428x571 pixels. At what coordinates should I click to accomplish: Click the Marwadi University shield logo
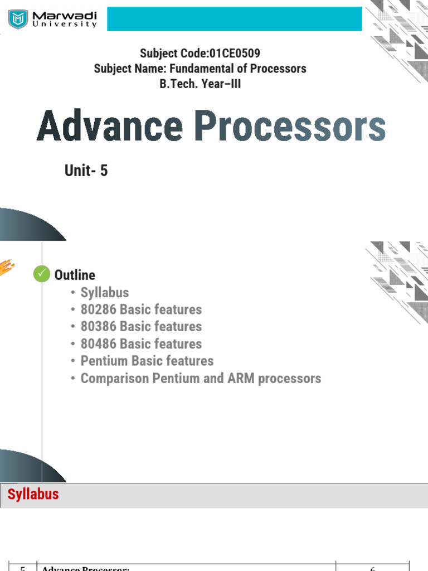pos(20,20)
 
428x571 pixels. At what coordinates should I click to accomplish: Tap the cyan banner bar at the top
pos(234,20)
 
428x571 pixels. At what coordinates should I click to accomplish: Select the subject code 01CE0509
pos(234,54)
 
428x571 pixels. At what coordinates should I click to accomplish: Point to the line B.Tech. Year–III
pos(200,85)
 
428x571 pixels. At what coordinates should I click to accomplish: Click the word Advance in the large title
pos(110,128)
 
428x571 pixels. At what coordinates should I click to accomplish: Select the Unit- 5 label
pos(86,171)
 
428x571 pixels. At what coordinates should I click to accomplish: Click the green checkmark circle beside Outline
pos(42,274)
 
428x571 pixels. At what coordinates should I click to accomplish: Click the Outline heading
pos(75,275)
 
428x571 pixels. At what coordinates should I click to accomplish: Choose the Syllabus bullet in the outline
pos(104,292)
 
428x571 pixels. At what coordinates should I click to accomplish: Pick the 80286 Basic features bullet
pos(141,309)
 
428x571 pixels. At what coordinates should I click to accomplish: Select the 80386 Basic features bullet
pos(141,326)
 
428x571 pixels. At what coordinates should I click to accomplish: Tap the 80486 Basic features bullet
pos(141,343)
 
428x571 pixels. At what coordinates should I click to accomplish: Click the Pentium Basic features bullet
pos(147,361)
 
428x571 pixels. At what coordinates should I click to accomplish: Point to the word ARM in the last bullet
pos(241,378)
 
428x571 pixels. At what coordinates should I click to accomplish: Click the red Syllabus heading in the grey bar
pos(33,494)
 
